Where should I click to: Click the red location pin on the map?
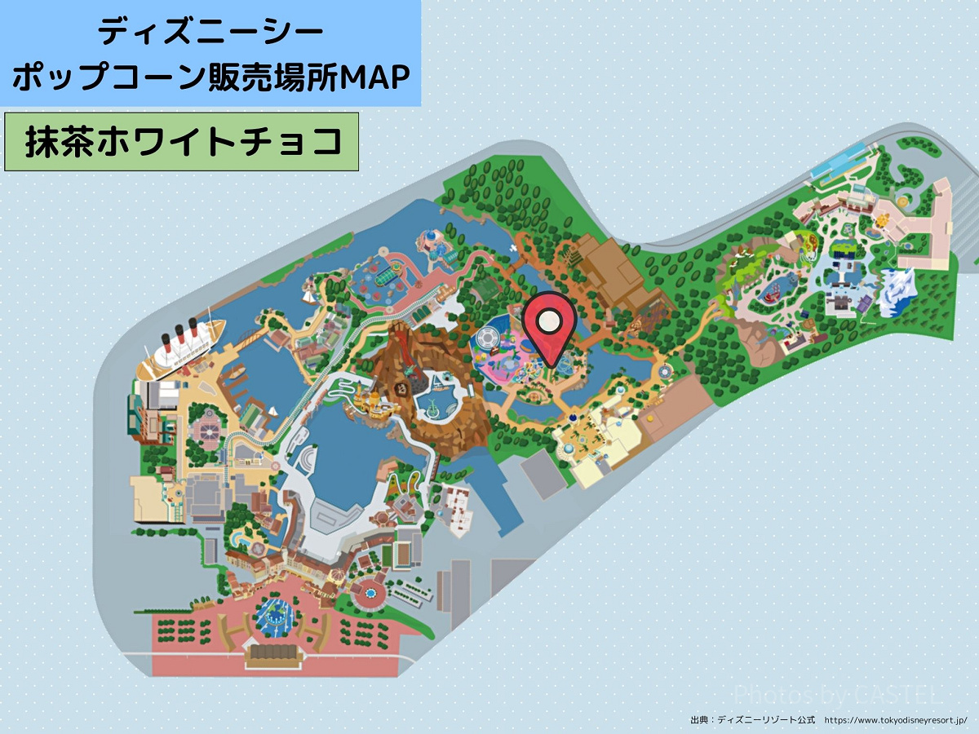[x=550, y=326]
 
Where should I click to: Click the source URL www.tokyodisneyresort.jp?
[x=895, y=720]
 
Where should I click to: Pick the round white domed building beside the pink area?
[x=485, y=337]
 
